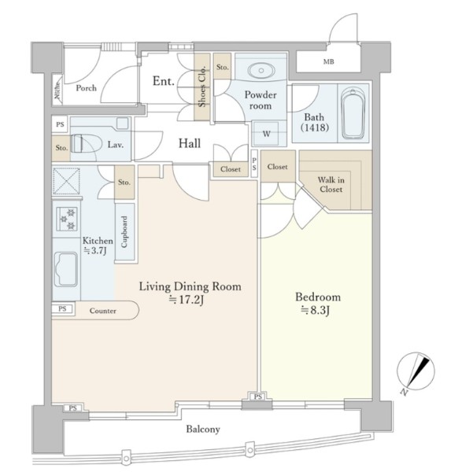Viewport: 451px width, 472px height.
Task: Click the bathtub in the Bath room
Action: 353,113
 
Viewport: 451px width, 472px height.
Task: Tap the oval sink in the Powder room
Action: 261,71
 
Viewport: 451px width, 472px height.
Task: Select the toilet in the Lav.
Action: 86,144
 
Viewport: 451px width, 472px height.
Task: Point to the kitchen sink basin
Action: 66,269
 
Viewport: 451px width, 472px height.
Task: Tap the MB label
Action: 328,61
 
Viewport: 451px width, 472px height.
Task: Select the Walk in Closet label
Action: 331,185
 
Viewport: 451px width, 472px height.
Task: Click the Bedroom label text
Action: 318,297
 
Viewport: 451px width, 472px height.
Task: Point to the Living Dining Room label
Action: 190,286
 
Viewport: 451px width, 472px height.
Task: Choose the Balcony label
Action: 203,429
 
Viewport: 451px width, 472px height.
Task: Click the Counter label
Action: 102,311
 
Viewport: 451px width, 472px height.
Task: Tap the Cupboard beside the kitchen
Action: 124,231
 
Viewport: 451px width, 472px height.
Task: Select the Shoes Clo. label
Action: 202,87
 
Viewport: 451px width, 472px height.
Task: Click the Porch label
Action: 86,88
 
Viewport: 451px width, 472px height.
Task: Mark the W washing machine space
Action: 267,134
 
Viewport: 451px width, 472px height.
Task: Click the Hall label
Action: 190,143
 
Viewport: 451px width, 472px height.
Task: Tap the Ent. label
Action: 163,81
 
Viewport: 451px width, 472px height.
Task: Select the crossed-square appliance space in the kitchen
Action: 67,181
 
